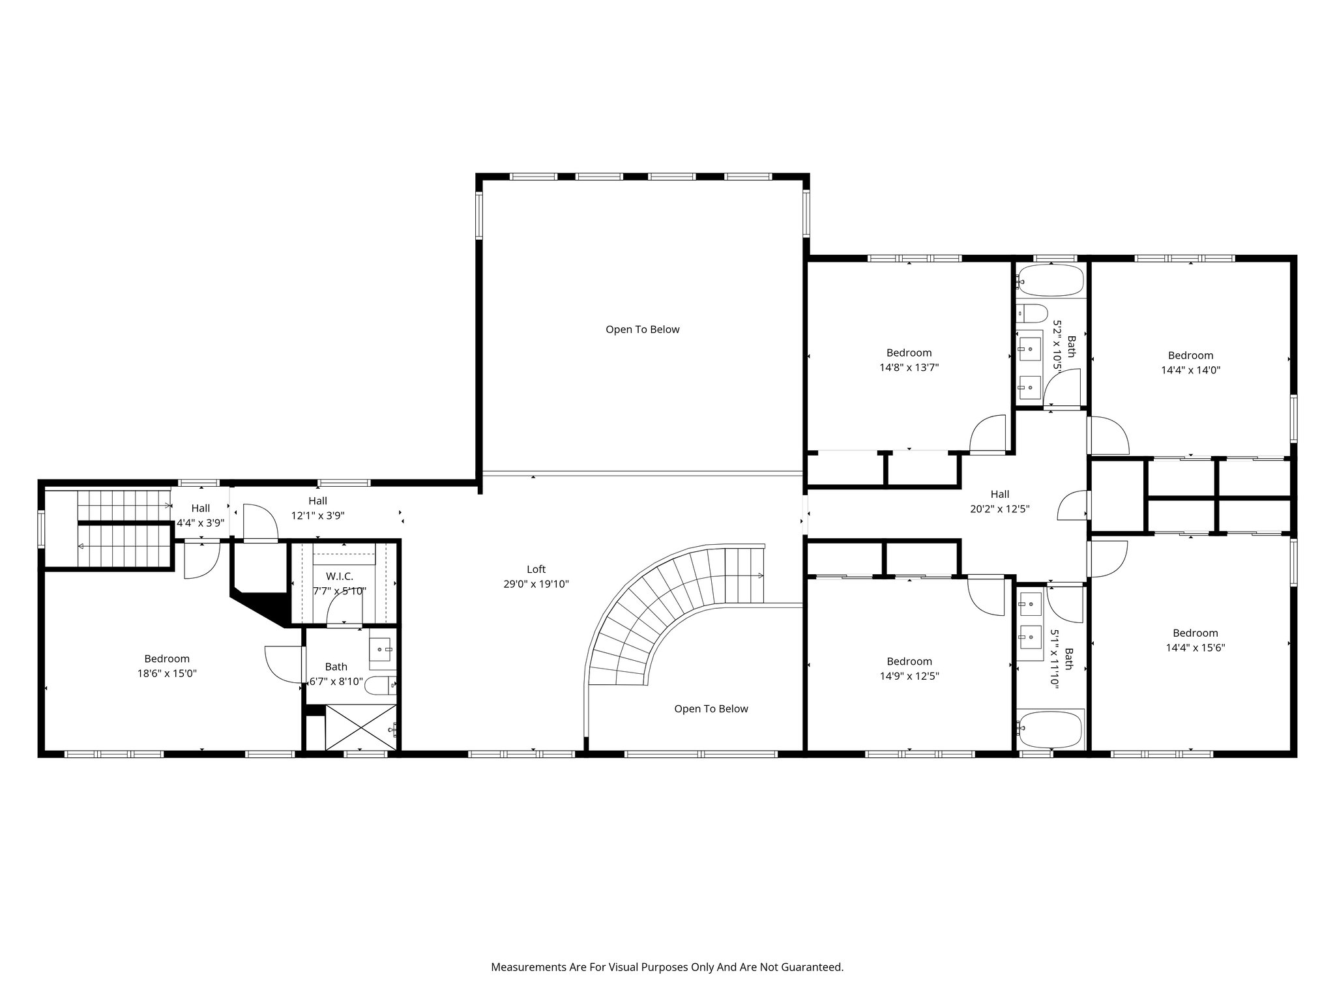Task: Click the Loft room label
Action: click(536, 570)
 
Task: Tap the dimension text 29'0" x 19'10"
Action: click(536, 585)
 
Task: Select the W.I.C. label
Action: click(340, 577)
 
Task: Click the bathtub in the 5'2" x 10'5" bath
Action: click(1050, 281)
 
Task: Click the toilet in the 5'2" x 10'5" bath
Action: click(1032, 313)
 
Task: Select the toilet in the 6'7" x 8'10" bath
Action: click(380, 684)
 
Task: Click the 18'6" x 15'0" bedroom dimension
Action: click(167, 674)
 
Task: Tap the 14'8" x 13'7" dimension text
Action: click(909, 368)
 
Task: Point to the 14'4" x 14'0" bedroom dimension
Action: click(1190, 370)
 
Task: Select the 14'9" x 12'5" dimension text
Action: click(909, 676)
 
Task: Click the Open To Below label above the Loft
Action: click(643, 330)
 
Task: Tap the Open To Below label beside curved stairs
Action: click(711, 709)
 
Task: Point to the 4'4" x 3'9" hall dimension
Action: click(201, 523)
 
